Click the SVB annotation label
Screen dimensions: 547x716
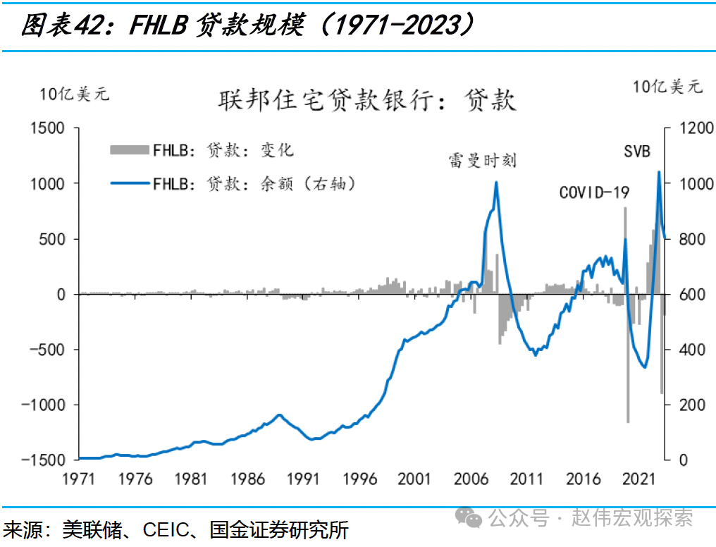tap(637, 151)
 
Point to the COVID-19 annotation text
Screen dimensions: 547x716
tap(594, 192)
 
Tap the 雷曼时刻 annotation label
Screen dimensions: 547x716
tap(482, 161)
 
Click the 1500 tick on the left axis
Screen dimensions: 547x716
tap(47, 128)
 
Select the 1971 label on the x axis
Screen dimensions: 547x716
tap(78, 479)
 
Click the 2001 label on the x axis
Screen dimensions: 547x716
tap(414, 479)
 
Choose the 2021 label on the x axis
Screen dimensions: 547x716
tap(638, 479)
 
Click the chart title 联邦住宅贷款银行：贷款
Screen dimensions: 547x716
tap(367, 100)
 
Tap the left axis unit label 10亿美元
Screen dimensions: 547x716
tap(75, 94)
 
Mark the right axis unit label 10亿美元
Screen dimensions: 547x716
tap(667, 86)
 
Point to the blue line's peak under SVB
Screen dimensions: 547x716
tap(659, 171)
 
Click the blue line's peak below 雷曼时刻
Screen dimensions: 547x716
tap(496, 182)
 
